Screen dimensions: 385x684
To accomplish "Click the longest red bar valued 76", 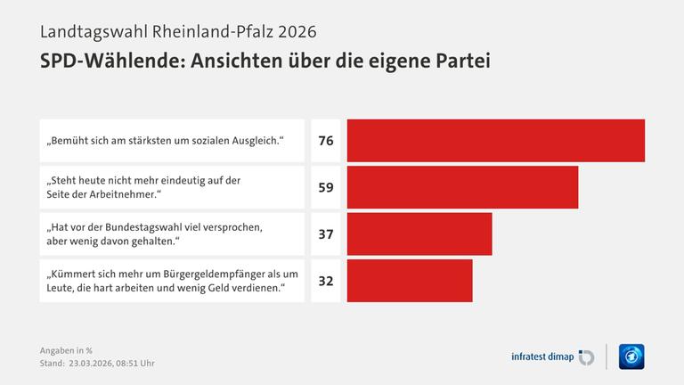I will pyautogui.click(x=495, y=141).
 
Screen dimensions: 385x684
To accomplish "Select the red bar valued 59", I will pyautogui.click(x=462, y=187).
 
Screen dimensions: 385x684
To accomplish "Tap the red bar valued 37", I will pyautogui.click(x=419, y=233).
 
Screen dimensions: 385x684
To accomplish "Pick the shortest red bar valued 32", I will pyautogui.click(x=410, y=281).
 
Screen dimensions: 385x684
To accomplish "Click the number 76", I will pyautogui.click(x=326, y=141).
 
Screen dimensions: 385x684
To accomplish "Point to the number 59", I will pyautogui.click(x=326, y=188).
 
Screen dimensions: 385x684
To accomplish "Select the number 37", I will pyautogui.click(x=326, y=234).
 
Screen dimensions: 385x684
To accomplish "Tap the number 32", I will pyautogui.click(x=326, y=281).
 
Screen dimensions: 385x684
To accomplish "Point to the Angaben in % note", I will pyautogui.click(x=66, y=349).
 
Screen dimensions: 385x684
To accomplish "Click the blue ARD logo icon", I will pyautogui.click(x=631, y=356).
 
